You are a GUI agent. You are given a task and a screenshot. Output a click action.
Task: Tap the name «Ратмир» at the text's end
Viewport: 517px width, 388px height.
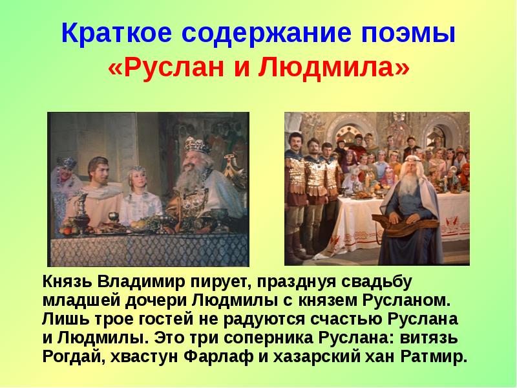pyautogui.click(x=428, y=358)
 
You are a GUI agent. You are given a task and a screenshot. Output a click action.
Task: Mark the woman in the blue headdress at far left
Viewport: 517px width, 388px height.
pyautogui.click(x=67, y=175)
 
